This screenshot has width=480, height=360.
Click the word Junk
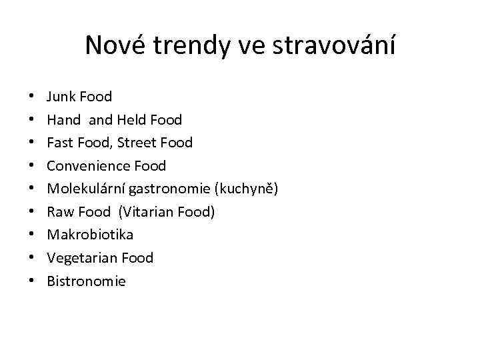tap(61, 97)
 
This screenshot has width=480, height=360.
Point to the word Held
tap(131, 120)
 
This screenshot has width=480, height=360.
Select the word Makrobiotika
tap(90, 235)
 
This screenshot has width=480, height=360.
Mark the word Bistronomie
tap(86, 281)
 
